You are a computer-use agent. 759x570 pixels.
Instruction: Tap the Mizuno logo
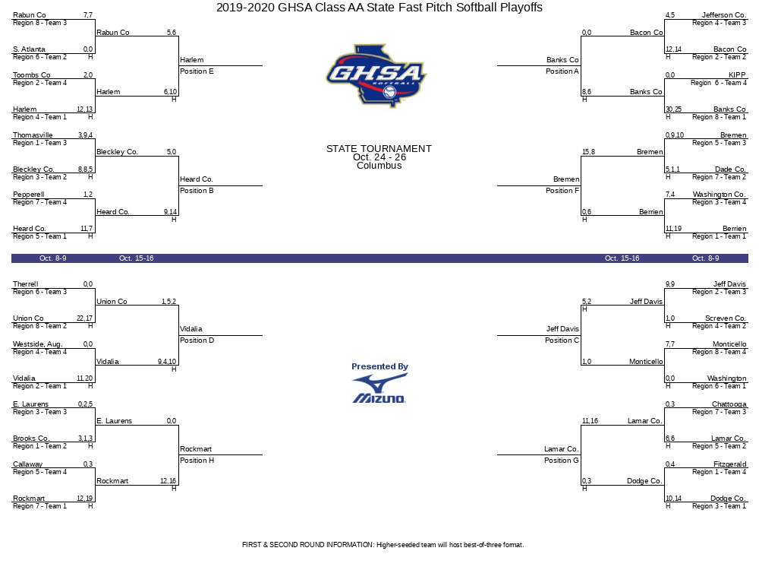(379, 388)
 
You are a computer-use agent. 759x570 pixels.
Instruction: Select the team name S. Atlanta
(29, 49)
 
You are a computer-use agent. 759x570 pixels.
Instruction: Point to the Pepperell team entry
(28, 195)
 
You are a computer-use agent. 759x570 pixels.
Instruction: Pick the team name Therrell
(26, 284)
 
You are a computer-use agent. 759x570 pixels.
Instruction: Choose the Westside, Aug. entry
(37, 344)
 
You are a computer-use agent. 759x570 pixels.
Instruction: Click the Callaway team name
(28, 464)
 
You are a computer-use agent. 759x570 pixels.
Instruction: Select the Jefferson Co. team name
(724, 15)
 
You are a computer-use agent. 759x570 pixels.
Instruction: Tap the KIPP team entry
(737, 75)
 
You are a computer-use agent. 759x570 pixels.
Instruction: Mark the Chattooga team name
(729, 404)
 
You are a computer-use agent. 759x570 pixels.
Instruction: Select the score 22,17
(84, 318)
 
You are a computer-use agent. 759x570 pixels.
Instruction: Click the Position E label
(197, 71)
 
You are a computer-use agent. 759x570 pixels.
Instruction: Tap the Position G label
(562, 461)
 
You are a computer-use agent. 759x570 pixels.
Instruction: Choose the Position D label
(197, 340)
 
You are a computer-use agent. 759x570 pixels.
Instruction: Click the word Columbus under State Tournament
(379, 166)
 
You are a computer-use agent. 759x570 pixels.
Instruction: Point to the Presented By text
(379, 366)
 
